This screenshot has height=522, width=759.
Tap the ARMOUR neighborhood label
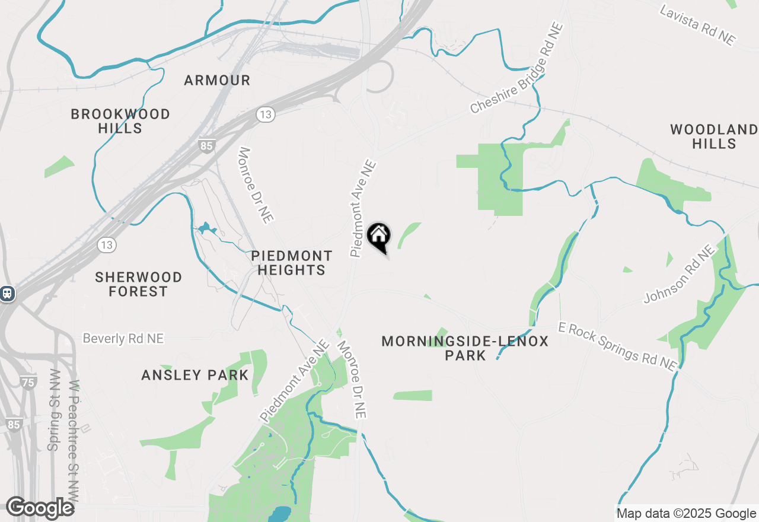click(x=217, y=80)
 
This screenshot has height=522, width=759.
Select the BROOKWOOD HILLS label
click(x=120, y=121)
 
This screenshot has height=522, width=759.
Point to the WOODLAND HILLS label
click(x=713, y=136)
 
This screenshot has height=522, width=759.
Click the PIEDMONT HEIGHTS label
click(x=291, y=263)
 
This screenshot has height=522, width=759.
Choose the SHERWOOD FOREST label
click(x=139, y=284)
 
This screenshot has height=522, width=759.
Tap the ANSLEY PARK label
click(x=194, y=375)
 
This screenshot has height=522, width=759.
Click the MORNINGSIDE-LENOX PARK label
click(x=465, y=348)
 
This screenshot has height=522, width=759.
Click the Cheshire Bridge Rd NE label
click(x=516, y=69)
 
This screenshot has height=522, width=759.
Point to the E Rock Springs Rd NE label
click(x=617, y=346)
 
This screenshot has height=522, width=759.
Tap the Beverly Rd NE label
click(x=123, y=339)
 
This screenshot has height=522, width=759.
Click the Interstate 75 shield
click(x=28, y=383)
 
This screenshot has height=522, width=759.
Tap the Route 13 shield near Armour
click(x=265, y=114)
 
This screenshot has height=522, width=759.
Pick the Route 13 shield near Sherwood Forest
click(x=107, y=244)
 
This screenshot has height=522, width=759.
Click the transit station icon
click(x=7, y=293)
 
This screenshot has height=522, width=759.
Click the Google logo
click(x=40, y=508)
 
